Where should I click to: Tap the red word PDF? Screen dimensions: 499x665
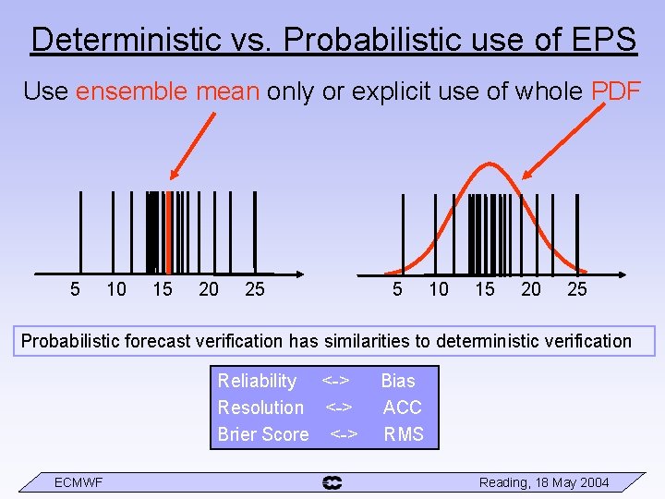[x=616, y=91]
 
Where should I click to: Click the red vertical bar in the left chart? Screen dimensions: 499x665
[x=168, y=232]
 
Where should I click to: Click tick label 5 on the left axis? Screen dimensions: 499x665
[x=75, y=289]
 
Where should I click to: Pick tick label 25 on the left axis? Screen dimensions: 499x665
[x=255, y=289]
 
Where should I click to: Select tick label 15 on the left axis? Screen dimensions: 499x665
[x=163, y=289]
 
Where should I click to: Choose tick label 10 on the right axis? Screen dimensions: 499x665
[x=439, y=289]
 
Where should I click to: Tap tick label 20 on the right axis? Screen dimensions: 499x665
[x=531, y=289]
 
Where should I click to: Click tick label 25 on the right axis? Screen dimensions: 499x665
[x=577, y=289]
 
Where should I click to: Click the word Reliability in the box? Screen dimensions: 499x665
[x=257, y=381]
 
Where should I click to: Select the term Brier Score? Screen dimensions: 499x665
[x=263, y=434]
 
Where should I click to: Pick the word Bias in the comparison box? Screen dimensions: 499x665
[x=398, y=381]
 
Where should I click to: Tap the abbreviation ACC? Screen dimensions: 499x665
[x=403, y=408]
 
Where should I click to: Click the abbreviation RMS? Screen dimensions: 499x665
[x=404, y=434]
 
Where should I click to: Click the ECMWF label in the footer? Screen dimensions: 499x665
[x=79, y=482]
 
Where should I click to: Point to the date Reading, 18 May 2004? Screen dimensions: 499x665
[x=544, y=482]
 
